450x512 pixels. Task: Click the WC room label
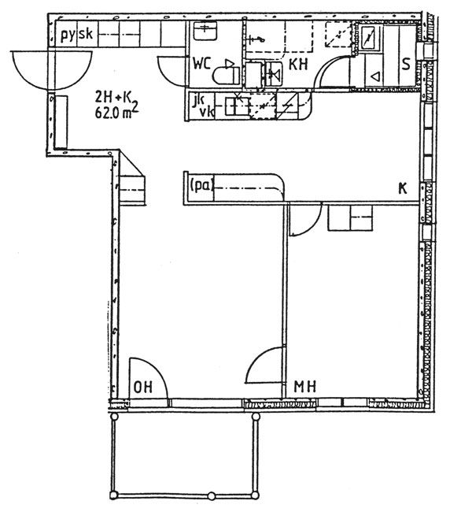coord(202,64)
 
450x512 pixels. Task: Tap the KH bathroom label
coord(298,65)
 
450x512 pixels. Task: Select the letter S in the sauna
coord(406,65)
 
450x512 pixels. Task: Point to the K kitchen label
coord(403,188)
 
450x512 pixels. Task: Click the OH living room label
coord(143,388)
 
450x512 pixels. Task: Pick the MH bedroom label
coord(305,387)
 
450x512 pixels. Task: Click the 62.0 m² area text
coord(116,112)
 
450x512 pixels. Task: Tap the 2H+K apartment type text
coord(112,97)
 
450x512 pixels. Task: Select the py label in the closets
coord(68,35)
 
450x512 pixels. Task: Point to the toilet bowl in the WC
coord(226,76)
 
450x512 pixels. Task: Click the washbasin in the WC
coord(205,31)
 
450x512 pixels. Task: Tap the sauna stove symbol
coord(370,39)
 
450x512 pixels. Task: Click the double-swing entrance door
coord(52,70)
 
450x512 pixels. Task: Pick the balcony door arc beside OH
coord(149,378)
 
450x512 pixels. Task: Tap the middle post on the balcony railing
coord(212,496)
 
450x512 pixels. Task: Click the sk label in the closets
coord(86,34)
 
